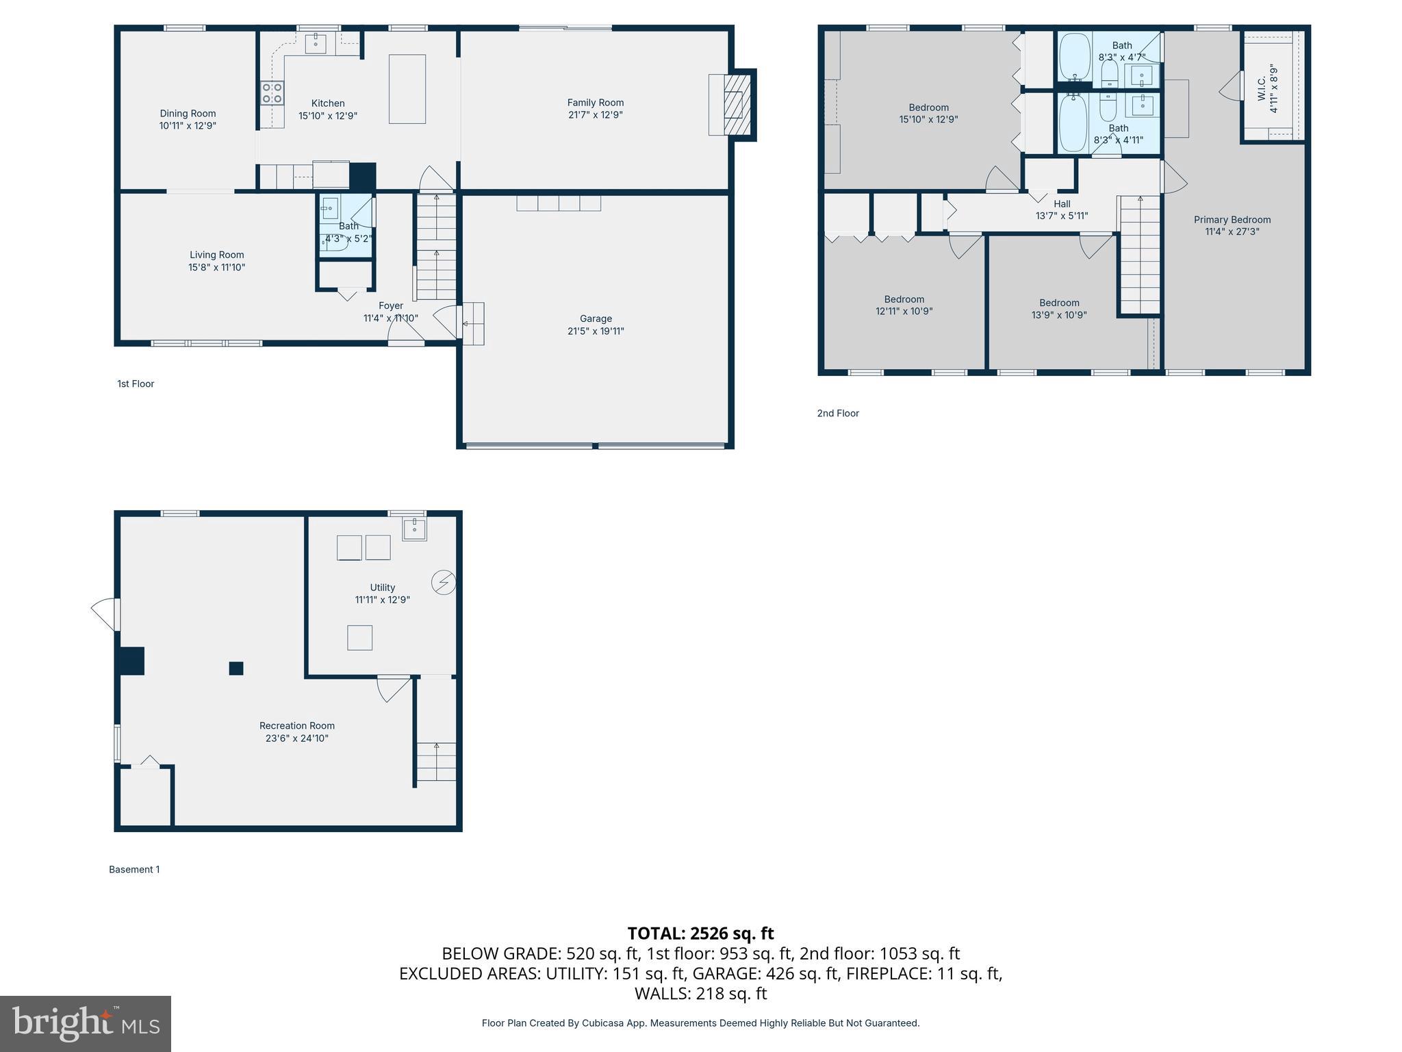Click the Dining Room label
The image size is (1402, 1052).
coord(188,114)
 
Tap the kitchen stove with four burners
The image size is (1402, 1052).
coord(272,93)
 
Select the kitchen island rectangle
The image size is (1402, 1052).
coord(407,89)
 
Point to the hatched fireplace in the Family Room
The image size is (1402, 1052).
coord(737,105)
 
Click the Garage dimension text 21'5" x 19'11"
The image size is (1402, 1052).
coord(596,331)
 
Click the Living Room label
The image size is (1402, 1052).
coord(216,255)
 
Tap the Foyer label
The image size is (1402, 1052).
coord(391,305)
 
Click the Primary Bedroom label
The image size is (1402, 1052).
coord(1232,220)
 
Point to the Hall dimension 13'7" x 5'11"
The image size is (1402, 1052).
coord(1062,216)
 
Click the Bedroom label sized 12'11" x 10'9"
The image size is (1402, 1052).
coord(904,299)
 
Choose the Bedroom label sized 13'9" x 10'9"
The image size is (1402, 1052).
coord(1059,303)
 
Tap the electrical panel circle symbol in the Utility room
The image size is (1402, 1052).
coord(444,583)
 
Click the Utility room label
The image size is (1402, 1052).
coord(383,588)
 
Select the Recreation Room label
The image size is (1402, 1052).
coord(297,726)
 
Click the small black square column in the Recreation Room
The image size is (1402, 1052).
coord(236,668)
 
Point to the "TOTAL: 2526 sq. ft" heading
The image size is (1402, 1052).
coord(700,934)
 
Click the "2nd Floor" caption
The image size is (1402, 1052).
coord(838,413)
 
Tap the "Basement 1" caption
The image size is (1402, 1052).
coord(134,869)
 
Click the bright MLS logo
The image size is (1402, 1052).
coord(86,1023)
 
